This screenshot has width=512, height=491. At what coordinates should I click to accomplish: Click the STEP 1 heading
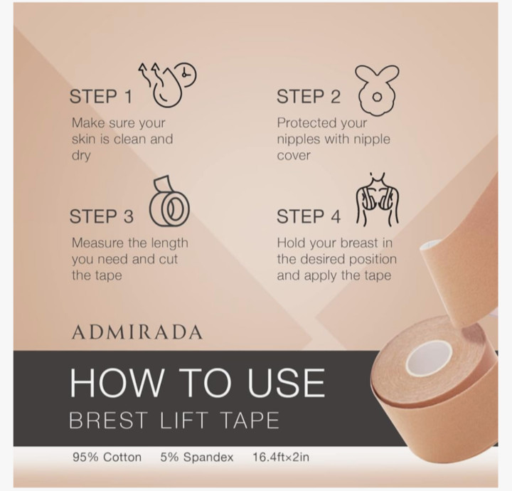click(101, 97)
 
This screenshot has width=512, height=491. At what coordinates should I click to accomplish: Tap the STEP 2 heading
click(309, 97)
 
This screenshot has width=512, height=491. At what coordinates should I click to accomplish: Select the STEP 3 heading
click(102, 216)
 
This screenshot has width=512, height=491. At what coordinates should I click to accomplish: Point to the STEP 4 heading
click(309, 216)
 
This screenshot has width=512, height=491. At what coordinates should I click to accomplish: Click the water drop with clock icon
click(166, 85)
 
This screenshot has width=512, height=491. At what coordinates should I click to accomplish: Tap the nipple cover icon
click(377, 89)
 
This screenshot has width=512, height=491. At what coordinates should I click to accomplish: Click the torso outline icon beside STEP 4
click(377, 200)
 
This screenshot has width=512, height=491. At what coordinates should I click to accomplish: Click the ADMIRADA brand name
click(137, 332)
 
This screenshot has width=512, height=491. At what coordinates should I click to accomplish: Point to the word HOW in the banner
click(116, 383)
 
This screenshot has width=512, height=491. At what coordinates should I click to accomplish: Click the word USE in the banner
click(287, 383)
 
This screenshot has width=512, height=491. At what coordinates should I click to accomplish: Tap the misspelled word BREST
click(108, 421)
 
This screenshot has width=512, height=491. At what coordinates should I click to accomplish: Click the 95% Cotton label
click(107, 457)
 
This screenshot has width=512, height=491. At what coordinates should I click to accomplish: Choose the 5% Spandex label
click(197, 457)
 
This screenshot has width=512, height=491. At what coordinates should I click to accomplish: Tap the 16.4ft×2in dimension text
click(281, 457)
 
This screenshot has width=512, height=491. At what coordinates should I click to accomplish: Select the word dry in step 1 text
click(81, 156)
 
